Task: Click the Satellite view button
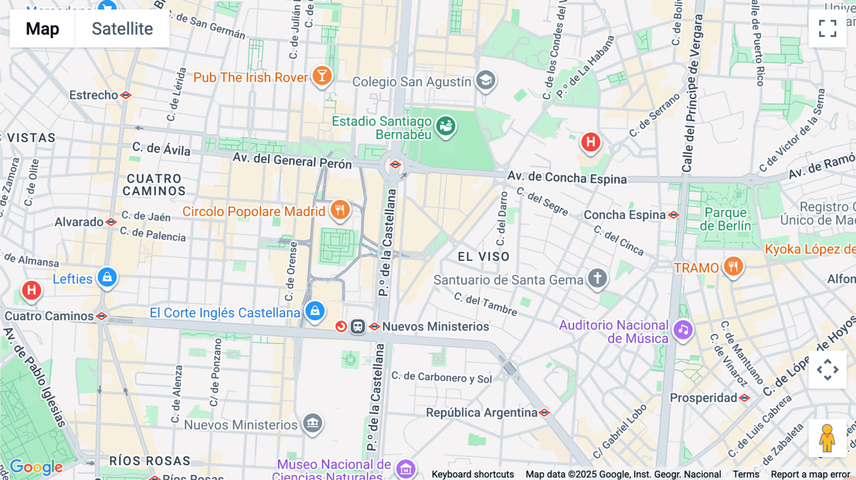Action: pyautogui.click(x=122, y=29)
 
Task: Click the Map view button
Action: pyautogui.click(x=42, y=29)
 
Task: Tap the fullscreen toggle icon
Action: pyautogui.click(x=827, y=29)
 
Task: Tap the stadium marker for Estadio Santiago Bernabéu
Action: pyautogui.click(x=446, y=126)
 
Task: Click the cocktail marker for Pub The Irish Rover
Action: pyautogui.click(x=322, y=76)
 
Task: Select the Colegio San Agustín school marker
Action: pyautogui.click(x=486, y=80)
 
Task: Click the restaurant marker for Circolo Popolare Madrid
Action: pyautogui.click(x=340, y=210)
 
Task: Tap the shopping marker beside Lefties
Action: pyautogui.click(x=107, y=277)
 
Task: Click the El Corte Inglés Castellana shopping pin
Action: pyautogui.click(x=315, y=311)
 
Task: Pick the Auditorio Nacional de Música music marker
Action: pyautogui.click(x=683, y=329)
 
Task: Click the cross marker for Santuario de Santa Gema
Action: pyautogui.click(x=597, y=278)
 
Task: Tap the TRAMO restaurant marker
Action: pyautogui.click(x=733, y=266)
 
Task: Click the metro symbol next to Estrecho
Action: pyautogui.click(x=126, y=95)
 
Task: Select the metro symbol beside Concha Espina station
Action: pyautogui.click(x=673, y=215)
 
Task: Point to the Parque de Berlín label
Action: pyautogui.click(x=725, y=219)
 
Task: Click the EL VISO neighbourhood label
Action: pyautogui.click(x=484, y=257)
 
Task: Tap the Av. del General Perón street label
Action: pyautogui.click(x=292, y=161)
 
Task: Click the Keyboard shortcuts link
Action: pyautogui.click(x=473, y=474)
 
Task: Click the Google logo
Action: pyautogui.click(x=36, y=467)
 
